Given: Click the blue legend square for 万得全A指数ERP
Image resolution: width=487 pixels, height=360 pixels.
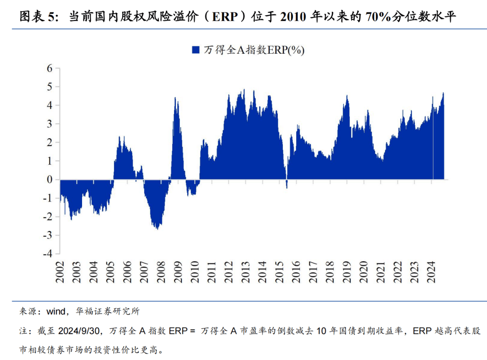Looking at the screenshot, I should click(195, 50).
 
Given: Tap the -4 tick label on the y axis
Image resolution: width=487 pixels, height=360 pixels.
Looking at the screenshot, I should click(48, 254).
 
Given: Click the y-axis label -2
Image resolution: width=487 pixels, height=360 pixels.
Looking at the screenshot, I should click(48, 217).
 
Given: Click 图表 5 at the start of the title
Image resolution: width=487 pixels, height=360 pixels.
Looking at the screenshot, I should click(39, 17).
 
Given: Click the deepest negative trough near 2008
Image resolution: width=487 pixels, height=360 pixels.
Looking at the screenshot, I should click(156, 229).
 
